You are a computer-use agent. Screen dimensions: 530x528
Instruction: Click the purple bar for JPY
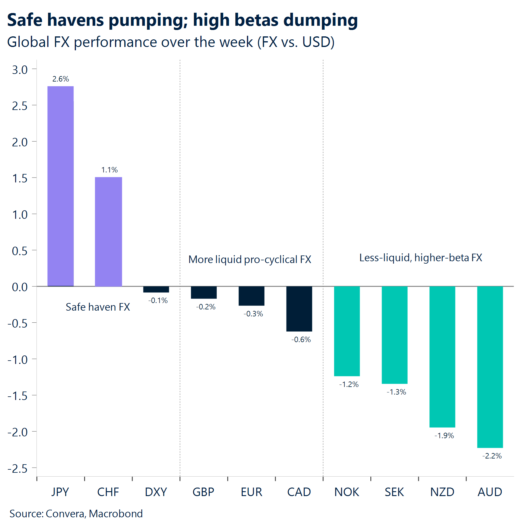pyautogui.click(x=61, y=186)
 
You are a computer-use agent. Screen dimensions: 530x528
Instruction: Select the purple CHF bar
pyautogui.click(x=108, y=232)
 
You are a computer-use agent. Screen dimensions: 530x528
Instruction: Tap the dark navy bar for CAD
pyautogui.click(x=299, y=308)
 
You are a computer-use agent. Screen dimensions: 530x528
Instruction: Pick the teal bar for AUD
pyautogui.click(x=490, y=367)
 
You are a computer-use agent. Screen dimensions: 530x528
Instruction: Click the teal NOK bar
pyautogui.click(x=347, y=331)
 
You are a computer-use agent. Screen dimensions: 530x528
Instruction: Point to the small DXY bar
pyautogui.click(x=156, y=289)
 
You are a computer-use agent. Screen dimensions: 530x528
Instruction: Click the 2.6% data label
pyautogui.click(x=61, y=79)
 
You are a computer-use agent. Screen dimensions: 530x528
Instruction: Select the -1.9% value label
pyautogui.click(x=444, y=436)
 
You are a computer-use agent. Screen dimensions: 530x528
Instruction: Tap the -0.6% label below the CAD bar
pyautogui.click(x=301, y=340)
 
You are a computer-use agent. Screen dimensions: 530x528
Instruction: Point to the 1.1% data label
pyautogui.click(x=109, y=170)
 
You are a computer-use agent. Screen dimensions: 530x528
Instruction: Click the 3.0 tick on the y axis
pyautogui.click(x=20, y=70)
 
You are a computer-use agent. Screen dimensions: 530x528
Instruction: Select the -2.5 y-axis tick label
pyautogui.click(x=17, y=468)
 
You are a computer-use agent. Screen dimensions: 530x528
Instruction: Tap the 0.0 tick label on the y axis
pyautogui.click(x=20, y=287)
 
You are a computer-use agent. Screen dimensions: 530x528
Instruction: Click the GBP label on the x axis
pyautogui.click(x=203, y=492)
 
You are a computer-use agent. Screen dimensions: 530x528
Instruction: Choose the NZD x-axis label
pyautogui.click(x=442, y=492)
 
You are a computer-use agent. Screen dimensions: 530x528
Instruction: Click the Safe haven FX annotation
pyautogui.click(x=98, y=307)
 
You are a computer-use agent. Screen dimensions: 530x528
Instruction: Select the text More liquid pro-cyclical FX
pyautogui.click(x=250, y=260)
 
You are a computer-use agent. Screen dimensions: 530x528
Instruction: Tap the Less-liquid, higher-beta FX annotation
pyautogui.click(x=421, y=258)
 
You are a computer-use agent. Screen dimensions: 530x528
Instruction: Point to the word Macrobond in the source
pyautogui.click(x=116, y=514)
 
